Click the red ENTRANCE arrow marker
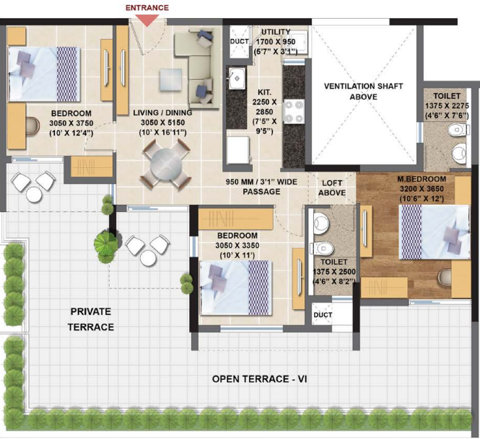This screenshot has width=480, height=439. tap(147, 19)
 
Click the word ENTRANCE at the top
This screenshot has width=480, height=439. tap(147, 7)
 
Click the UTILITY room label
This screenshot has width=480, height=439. tap(275, 32)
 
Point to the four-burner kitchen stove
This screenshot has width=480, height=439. tap(294, 112)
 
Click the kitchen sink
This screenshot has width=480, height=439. tap(236, 79)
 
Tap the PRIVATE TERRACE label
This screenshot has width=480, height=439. tap(92, 319)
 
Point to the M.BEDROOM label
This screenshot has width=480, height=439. tap(422, 179)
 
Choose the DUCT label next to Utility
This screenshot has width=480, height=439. tap(238, 42)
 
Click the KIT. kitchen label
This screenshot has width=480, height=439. tap(263, 93)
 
